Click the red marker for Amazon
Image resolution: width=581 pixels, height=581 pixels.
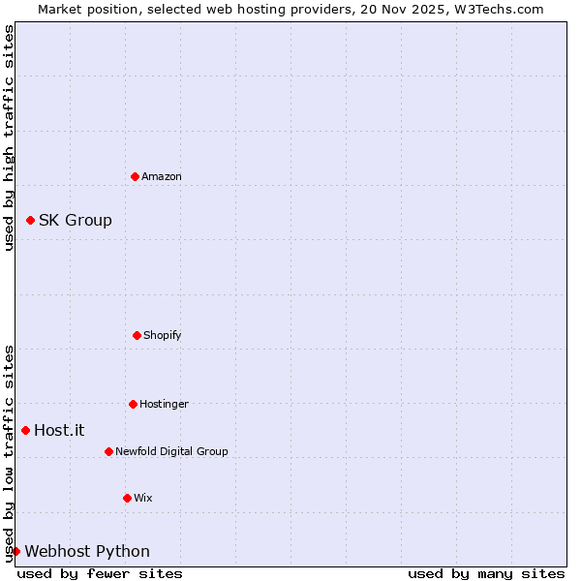pyautogui.click(x=135, y=176)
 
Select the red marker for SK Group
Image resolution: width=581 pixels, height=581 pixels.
pyautogui.click(x=30, y=221)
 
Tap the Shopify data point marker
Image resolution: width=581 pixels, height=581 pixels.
pyautogui.click(x=137, y=335)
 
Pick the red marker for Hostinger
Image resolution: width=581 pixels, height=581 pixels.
pyautogui.click(x=133, y=404)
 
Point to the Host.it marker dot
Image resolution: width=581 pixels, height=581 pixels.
pyautogui.click(x=25, y=430)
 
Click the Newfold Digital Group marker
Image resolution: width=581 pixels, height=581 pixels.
pyautogui.click(x=108, y=451)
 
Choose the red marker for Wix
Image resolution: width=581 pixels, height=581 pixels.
pyautogui.click(x=127, y=498)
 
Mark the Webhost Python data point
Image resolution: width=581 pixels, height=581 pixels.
pyautogui.click(x=15, y=551)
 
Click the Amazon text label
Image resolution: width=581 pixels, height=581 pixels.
pyautogui.click(x=162, y=176)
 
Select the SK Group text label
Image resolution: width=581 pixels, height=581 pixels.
pyautogui.click(x=76, y=221)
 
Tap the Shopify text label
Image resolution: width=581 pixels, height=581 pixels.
pyautogui.click(x=163, y=335)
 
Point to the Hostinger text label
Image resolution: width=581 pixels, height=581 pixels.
pyautogui.click(x=164, y=404)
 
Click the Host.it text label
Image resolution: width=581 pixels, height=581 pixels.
pyautogui.click(x=59, y=431)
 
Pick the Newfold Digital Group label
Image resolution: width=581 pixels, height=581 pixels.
pyautogui.click(x=171, y=451)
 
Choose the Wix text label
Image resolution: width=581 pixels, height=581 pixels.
pyautogui.click(x=143, y=498)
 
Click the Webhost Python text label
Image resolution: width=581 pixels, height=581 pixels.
pyautogui.click(x=87, y=552)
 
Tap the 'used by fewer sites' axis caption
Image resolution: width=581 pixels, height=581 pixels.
pyautogui.click(x=100, y=573)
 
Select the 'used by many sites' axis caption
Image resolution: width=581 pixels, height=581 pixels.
pyautogui.click(x=486, y=573)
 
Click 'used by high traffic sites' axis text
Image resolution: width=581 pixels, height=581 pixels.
pyautogui.click(x=9, y=138)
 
